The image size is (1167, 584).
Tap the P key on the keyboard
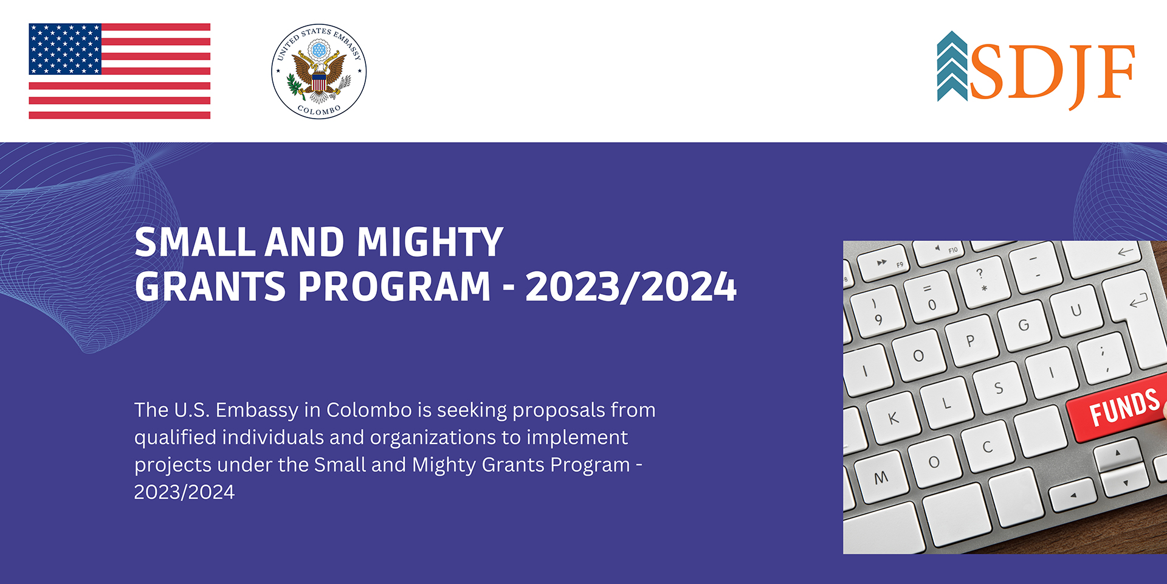[971, 340]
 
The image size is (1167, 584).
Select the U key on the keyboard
[1076, 311]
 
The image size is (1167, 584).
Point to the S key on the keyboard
[999, 388]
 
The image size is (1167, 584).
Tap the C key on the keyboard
[987, 447]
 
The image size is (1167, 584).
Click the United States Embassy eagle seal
[318, 71]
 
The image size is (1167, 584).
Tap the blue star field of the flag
[65, 49]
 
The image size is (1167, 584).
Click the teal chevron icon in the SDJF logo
[952, 66]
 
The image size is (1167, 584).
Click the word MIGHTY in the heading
[430, 242]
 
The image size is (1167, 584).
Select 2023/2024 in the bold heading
[631, 287]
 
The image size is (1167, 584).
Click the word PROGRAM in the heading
[394, 287]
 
